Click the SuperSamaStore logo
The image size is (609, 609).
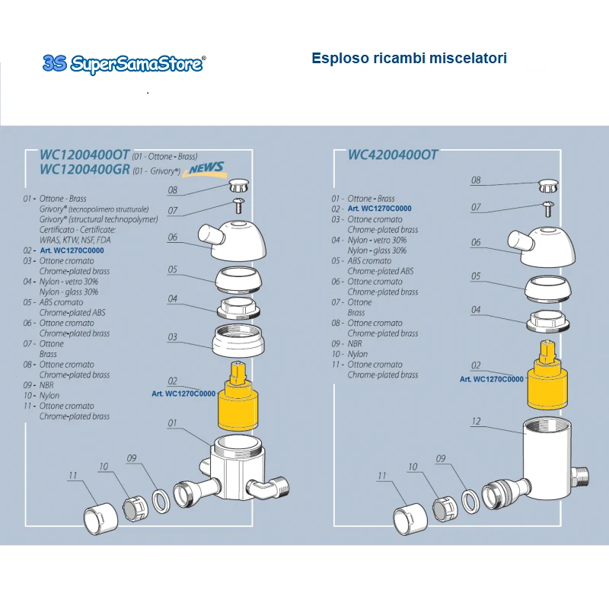pos(124,64)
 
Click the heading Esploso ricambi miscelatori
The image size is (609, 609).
pos(409,59)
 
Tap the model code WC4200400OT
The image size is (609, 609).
pos(393,155)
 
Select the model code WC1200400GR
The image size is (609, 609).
pos(84,169)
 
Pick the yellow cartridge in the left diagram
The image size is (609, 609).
pos(238,396)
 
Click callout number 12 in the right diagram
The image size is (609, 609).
pos(477,421)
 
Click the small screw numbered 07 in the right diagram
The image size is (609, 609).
pos(548,209)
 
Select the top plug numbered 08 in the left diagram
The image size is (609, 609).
pos(238,185)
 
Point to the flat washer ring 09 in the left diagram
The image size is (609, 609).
pos(161,501)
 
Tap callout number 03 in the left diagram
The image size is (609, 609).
pos(172,336)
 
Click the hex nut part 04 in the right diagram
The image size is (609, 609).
pos(548,320)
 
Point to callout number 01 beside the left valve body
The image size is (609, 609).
pos(172,422)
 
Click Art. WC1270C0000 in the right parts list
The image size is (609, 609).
pos(379,209)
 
